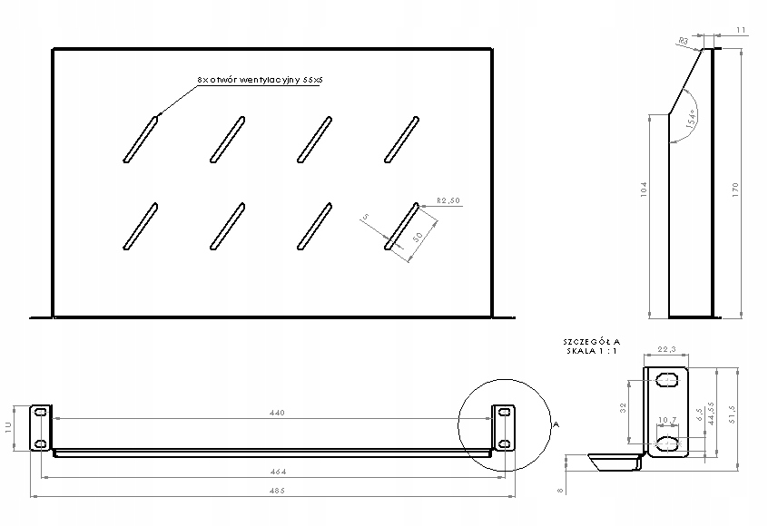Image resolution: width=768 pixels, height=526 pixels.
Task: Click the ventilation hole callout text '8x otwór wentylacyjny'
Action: pyautogui.click(x=261, y=81)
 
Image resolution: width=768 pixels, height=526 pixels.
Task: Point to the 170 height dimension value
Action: pyautogui.click(x=736, y=190)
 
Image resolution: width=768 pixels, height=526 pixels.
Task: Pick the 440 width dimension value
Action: pyautogui.click(x=276, y=414)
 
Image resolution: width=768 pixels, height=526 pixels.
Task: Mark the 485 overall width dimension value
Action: pyautogui.click(x=276, y=491)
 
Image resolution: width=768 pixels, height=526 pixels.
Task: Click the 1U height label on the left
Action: pyautogui.click(x=9, y=427)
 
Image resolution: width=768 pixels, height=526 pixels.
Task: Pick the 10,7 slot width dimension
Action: pyautogui.click(x=667, y=419)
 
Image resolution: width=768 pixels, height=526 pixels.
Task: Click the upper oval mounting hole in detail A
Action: pyautogui.click(x=667, y=379)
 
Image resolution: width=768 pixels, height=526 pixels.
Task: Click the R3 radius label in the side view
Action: pyautogui.click(x=682, y=41)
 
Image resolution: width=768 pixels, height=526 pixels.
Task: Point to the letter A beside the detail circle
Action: pyautogui.click(x=555, y=424)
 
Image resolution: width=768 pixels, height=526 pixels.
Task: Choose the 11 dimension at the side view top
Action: pyautogui.click(x=741, y=30)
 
